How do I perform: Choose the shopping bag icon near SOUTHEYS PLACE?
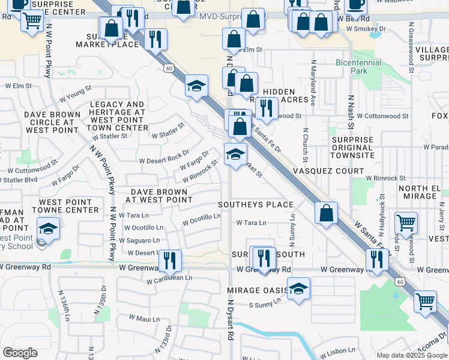pyautogui.click(x=326, y=214)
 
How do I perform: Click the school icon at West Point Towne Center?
pyautogui.click(x=49, y=228)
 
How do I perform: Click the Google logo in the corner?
pyautogui.click(x=20, y=353)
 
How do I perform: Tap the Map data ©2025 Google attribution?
pyautogui.click(x=411, y=355)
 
